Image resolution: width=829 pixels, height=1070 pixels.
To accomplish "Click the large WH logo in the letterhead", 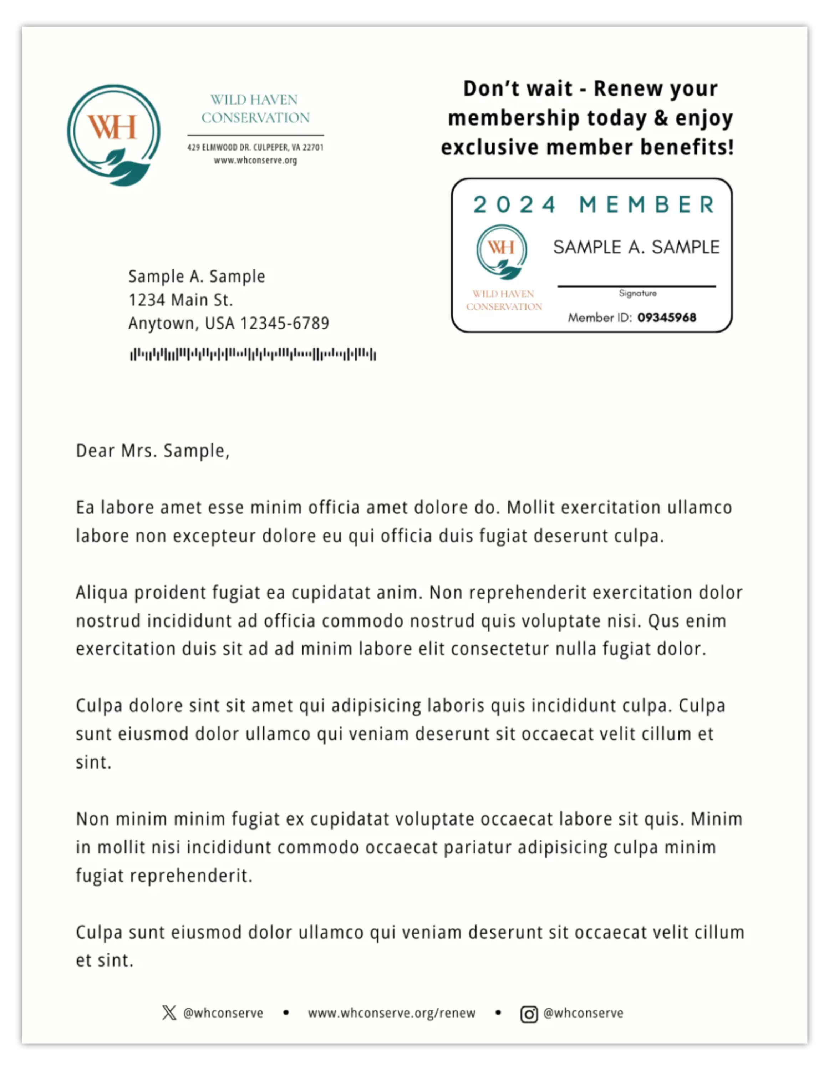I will [114, 135].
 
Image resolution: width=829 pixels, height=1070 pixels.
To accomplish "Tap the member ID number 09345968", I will [666, 318].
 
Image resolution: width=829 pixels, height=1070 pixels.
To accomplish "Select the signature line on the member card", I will [636, 286].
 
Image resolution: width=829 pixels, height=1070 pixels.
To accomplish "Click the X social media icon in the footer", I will [169, 1013].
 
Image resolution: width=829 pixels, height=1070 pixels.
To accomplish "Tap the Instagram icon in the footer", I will [529, 1014].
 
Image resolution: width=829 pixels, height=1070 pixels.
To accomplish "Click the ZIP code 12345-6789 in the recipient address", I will [284, 323].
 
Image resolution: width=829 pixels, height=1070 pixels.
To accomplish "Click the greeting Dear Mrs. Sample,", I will [152, 451].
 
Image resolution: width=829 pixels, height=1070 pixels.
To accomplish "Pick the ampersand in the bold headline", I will [661, 118].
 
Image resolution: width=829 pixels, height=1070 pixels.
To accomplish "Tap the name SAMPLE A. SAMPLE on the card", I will [636, 247].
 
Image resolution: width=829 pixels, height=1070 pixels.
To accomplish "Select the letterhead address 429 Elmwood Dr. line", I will [255, 147].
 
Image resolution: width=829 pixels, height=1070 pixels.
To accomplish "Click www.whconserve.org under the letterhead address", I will [255, 160].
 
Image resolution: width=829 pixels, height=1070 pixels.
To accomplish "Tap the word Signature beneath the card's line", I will [637, 294].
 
